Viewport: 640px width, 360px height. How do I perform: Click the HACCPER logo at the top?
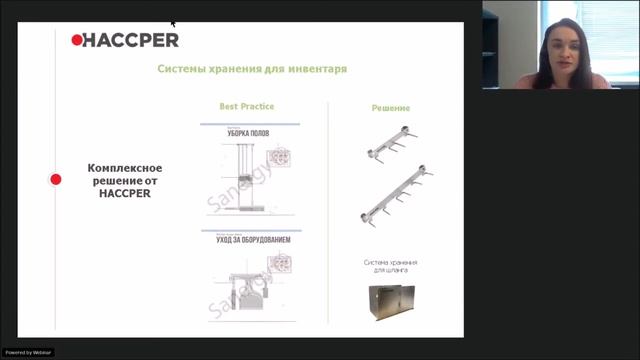point(125,40)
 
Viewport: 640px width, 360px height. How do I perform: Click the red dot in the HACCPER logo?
point(77,40)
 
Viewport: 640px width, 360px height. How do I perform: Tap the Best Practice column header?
point(246,105)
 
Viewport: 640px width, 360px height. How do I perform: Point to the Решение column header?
point(390,107)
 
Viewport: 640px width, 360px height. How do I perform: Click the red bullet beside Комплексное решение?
point(56,180)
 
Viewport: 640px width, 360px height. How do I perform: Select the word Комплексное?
point(125,168)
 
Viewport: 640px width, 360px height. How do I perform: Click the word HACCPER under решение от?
point(125,193)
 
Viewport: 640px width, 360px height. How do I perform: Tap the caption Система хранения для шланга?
point(390,266)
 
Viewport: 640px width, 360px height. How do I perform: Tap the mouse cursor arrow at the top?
point(172,21)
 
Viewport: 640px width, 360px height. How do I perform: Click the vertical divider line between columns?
point(329,215)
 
